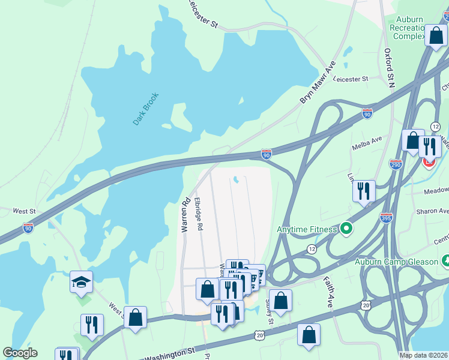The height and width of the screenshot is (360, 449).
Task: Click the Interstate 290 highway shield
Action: [x=395, y=164]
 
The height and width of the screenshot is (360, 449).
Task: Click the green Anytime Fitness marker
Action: [x=346, y=229]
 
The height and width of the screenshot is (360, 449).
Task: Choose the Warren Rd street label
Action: [x=185, y=215]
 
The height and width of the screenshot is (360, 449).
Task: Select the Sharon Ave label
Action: [x=435, y=211]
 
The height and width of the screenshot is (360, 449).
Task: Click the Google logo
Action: [x=20, y=353]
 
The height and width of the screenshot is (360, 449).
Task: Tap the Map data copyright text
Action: [x=424, y=355]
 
